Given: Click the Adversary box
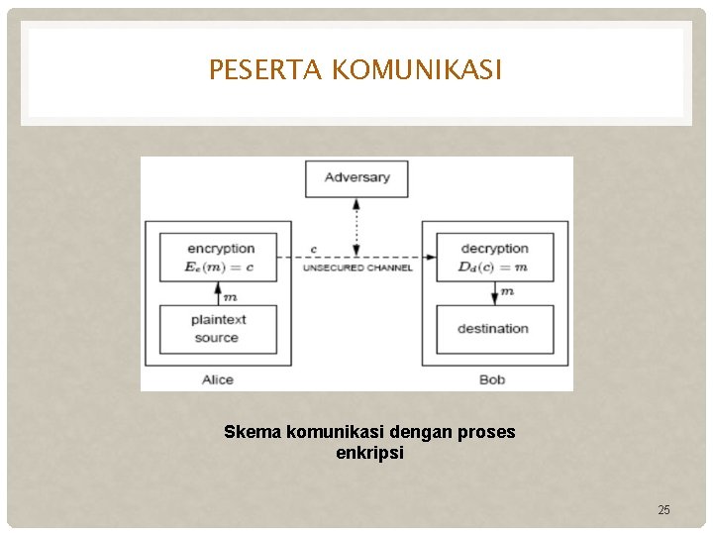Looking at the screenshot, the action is click(x=357, y=177).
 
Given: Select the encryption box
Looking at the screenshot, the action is click(x=220, y=259).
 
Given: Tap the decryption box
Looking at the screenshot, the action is click(x=493, y=259).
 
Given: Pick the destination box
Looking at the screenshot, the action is click(x=493, y=329).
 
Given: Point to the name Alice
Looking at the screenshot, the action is click(x=217, y=379).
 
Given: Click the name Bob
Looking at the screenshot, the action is click(x=492, y=379).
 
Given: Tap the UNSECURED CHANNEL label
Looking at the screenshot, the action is click(x=357, y=267).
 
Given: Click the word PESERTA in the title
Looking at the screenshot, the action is click(x=265, y=70).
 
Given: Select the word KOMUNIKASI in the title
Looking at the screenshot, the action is click(x=417, y=70).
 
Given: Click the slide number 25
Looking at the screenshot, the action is click(x=663, y=509).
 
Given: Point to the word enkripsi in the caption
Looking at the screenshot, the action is click(x=369, y=453).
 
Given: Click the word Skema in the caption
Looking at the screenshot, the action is click(x=247, y=433).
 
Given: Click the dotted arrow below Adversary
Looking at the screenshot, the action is click(x=357, y=228).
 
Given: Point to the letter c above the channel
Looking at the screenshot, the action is click(x=314, y=249).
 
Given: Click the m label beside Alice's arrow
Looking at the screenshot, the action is click(x=231, y=296).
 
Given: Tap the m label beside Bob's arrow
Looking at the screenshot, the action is click(x=507, y=292).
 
